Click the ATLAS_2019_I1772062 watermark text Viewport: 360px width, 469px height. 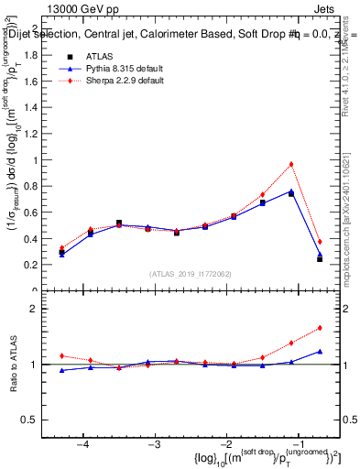190,273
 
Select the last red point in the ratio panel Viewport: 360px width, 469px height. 320,327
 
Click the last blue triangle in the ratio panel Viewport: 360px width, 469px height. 320,351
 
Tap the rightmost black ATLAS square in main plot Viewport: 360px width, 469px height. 320,259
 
